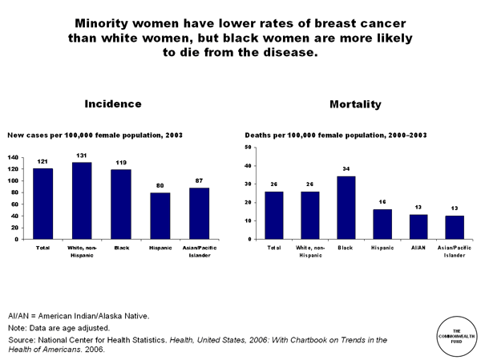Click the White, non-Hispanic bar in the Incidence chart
82,200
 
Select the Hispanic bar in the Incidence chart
160,216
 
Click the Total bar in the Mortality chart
274,215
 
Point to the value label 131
82,156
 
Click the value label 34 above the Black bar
346,169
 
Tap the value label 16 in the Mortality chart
382,202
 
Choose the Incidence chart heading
113,104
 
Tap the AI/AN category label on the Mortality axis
418,249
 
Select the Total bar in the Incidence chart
43,204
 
